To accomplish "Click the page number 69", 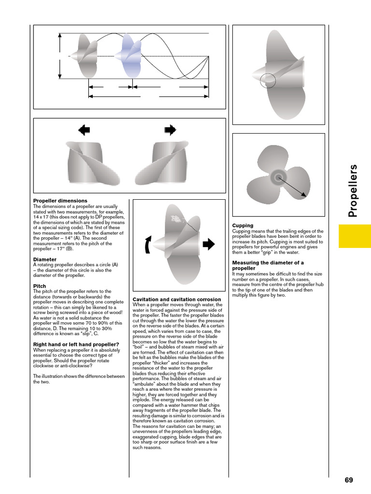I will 349,480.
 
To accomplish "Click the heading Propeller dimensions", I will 60,201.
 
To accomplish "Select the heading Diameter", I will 44,260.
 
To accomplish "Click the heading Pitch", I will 39,286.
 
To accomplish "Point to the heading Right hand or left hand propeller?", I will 76,344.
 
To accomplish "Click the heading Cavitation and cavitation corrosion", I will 177,300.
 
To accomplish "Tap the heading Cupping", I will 243,226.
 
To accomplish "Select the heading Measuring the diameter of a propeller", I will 268,265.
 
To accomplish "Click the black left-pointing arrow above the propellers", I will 84,129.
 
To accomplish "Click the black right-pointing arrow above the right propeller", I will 170,129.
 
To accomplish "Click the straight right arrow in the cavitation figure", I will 208,245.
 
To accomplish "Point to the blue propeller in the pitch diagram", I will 128,56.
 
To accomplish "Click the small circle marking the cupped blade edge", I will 268,81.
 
